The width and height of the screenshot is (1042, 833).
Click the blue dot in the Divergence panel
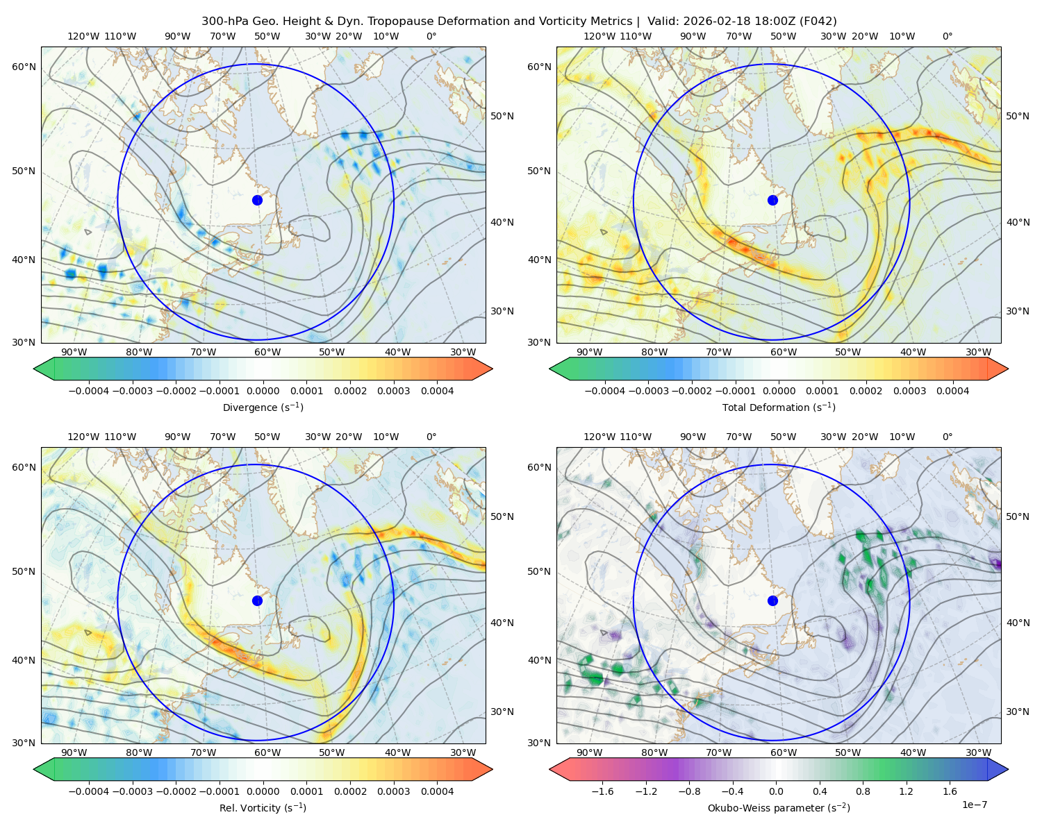(257, 201)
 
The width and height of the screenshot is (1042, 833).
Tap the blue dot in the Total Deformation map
(772, 201)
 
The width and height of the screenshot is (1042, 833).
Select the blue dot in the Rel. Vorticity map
(257, 600)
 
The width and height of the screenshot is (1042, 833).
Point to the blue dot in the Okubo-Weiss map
(772, 600)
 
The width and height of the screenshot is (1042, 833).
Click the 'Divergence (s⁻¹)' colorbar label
(263, 407)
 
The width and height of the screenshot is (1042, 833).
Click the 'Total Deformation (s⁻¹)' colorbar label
(779, 407)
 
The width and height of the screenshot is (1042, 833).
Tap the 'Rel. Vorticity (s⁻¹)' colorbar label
(263, 808)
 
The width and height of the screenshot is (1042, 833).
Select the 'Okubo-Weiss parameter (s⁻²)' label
(779, 808)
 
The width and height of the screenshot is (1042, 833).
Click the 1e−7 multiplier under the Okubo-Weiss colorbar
(974, 805)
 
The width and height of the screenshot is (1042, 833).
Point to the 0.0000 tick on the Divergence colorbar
(263, 391)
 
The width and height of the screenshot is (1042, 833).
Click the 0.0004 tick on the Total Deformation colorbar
(952, 391)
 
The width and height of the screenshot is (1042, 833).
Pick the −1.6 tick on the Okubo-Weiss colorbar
(603, 791)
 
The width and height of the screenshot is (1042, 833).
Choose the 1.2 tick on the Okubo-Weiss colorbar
(906, 791)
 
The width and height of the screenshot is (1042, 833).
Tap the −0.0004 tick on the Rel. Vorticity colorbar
(89, 791)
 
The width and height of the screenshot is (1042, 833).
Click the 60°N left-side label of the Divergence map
(24, 67)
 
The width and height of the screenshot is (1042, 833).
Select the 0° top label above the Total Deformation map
(947, 36)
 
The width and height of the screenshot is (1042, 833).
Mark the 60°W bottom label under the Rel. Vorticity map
(267, 752)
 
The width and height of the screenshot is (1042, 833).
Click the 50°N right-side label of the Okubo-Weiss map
(1018, 516)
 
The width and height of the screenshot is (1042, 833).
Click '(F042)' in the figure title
(818, 22)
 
